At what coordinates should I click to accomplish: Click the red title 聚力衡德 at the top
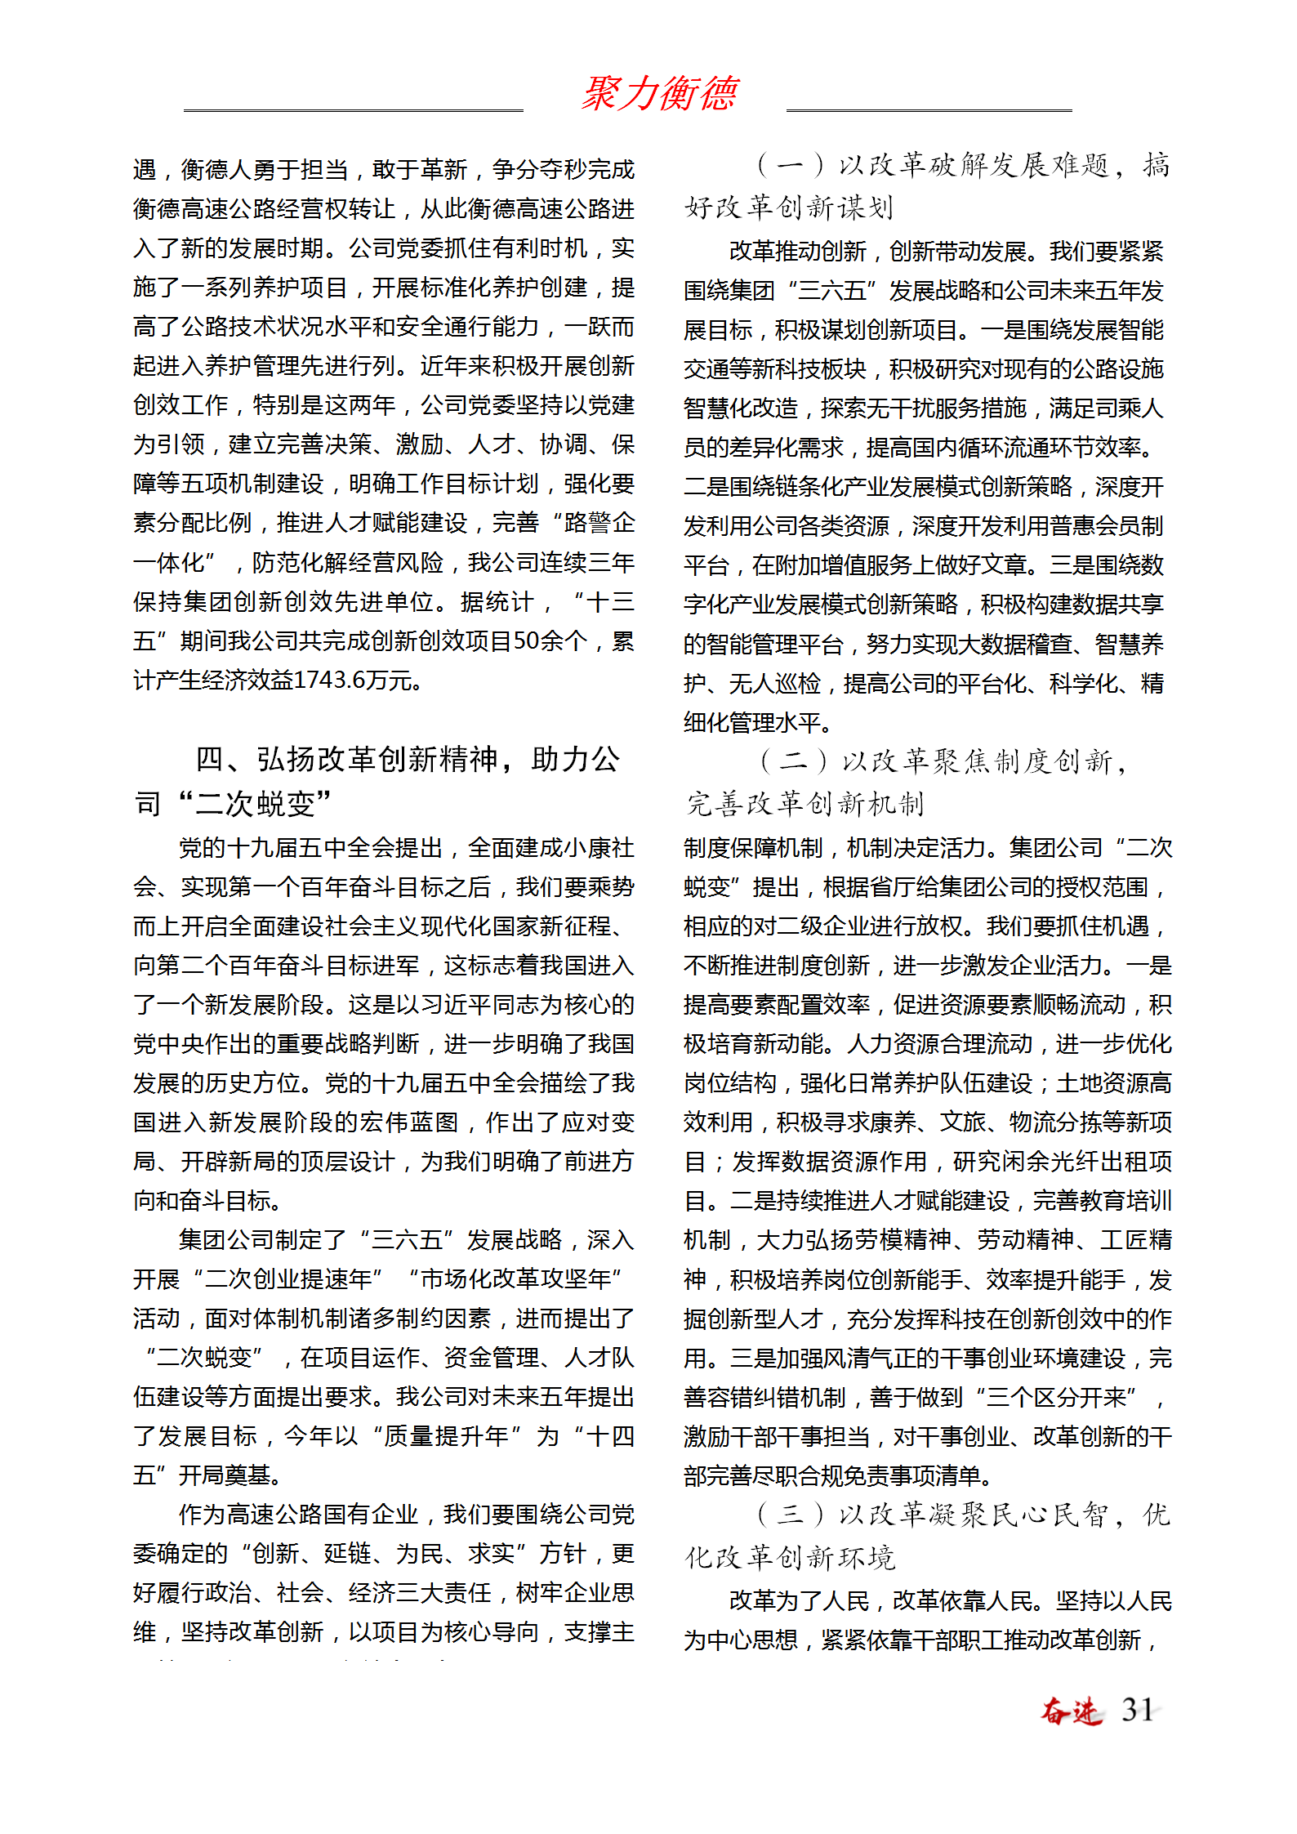[659, 93]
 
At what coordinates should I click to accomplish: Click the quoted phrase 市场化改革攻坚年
[515, 1279]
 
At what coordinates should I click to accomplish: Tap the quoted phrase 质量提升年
[446, 1436]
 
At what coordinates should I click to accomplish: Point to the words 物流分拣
[1055, 1122]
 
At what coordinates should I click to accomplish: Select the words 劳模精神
[905, 1240]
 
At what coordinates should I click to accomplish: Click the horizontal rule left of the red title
[353, 109]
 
